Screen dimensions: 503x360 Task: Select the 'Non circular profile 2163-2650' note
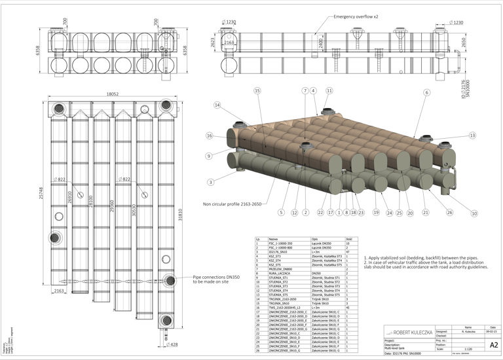tap(233, 204)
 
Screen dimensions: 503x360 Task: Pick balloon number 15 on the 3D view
tap(257, 91)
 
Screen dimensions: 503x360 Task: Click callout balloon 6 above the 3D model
tap(426, 93)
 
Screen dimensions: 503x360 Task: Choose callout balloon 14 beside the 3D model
tap(217, 105)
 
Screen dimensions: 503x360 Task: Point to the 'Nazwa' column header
tap(266, 240)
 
